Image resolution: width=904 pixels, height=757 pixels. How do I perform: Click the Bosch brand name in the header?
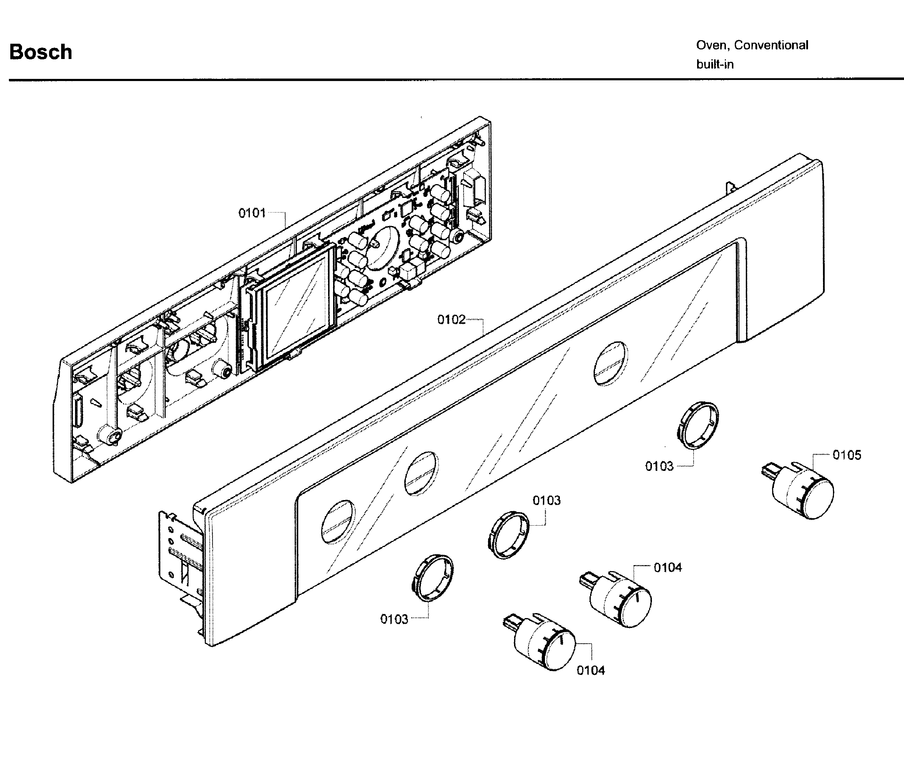41,52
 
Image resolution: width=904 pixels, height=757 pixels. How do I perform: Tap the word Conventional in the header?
771,45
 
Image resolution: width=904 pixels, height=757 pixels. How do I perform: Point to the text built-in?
715,65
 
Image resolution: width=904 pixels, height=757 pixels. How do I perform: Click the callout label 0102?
451,320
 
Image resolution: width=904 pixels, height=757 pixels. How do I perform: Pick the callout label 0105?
846,455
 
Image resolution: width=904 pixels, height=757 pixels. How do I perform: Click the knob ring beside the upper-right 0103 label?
697,425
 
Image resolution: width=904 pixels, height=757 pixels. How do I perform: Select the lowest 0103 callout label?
394,619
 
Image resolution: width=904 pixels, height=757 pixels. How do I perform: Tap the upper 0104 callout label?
668,568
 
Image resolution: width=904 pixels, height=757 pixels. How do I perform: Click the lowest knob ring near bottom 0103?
432,578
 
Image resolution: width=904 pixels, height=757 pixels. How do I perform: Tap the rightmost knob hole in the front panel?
610,363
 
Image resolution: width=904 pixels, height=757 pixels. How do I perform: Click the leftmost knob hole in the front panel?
338,522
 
